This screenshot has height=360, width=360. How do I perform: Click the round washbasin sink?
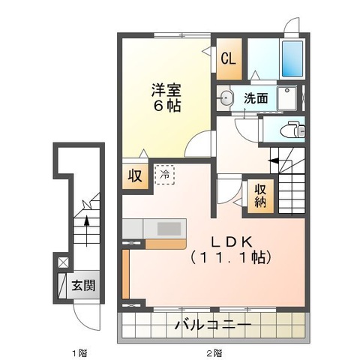tap(226, 97)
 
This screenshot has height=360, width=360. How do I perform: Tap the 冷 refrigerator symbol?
tap(164, 175)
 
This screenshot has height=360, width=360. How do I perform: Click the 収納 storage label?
tap(259, 196)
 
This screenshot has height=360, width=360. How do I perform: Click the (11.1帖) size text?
tap(231, 256)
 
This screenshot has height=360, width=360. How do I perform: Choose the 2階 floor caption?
tap(214, 352)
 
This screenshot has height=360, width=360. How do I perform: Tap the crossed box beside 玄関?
tap(62, 263)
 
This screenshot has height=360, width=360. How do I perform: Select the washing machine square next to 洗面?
tap(286, 97)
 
